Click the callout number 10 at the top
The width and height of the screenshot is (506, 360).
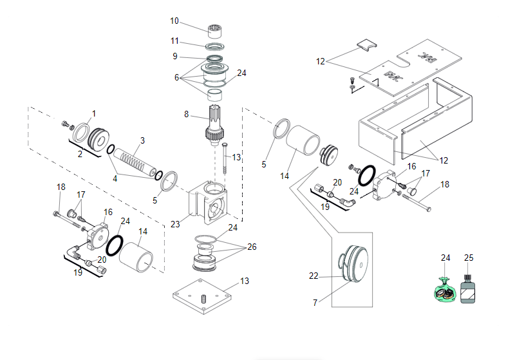pyautogui.click(x=174, y=21)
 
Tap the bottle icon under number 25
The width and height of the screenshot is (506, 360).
pyautogui.click(x=468, y=290)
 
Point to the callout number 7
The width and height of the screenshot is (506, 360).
pyautogui.click(x=315, y=303)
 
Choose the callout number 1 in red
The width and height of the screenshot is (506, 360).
pyautogui.click(x=93, y=114)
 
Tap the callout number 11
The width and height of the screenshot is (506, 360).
pyautogui.click(x=174, y=41)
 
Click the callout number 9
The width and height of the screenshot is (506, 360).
pyautogui.click(x=174, y=57)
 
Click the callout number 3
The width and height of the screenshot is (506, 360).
pyautogui.click(x=142, y=140)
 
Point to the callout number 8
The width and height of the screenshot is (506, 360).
pyautogui.click(x=186, y=115)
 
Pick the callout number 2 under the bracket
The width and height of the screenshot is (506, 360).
pyautogui.click(x=80, y=154)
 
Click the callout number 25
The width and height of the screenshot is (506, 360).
pyautogui.click(x=469, y=258)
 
